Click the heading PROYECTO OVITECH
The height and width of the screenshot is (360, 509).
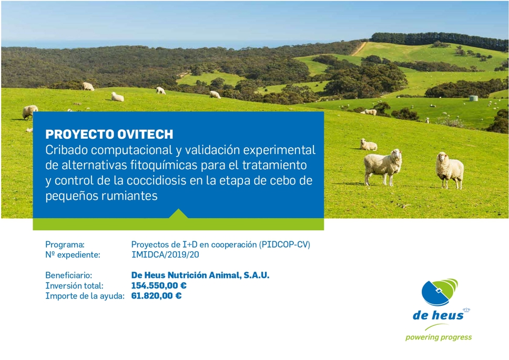click(109, 134)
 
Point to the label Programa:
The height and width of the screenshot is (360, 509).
click(65, 244)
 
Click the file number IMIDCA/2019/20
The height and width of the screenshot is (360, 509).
click(165, 254)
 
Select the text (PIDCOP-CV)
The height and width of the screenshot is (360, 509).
click(284, 244)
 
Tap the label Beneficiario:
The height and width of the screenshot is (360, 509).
click(68, 275)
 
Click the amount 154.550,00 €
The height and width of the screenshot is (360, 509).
click(159, 285)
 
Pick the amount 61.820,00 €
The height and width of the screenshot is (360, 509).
click(157, 296)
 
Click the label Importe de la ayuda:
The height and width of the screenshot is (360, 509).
click(85, 296)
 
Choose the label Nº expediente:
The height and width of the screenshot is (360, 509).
click(73, 255)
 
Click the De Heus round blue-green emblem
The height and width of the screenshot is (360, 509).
click(440, 292)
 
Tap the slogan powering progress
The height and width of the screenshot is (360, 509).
click(439, 337)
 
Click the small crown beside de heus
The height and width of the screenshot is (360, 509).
click(466, 310)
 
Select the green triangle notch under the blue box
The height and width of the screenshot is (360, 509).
click(178, 213)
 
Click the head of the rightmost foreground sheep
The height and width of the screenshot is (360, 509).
click(442, 158)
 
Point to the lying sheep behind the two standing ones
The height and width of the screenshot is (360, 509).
click(369, 145)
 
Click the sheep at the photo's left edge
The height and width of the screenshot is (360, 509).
click(30, 111)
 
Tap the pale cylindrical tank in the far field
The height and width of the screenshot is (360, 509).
click(474, 98)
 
